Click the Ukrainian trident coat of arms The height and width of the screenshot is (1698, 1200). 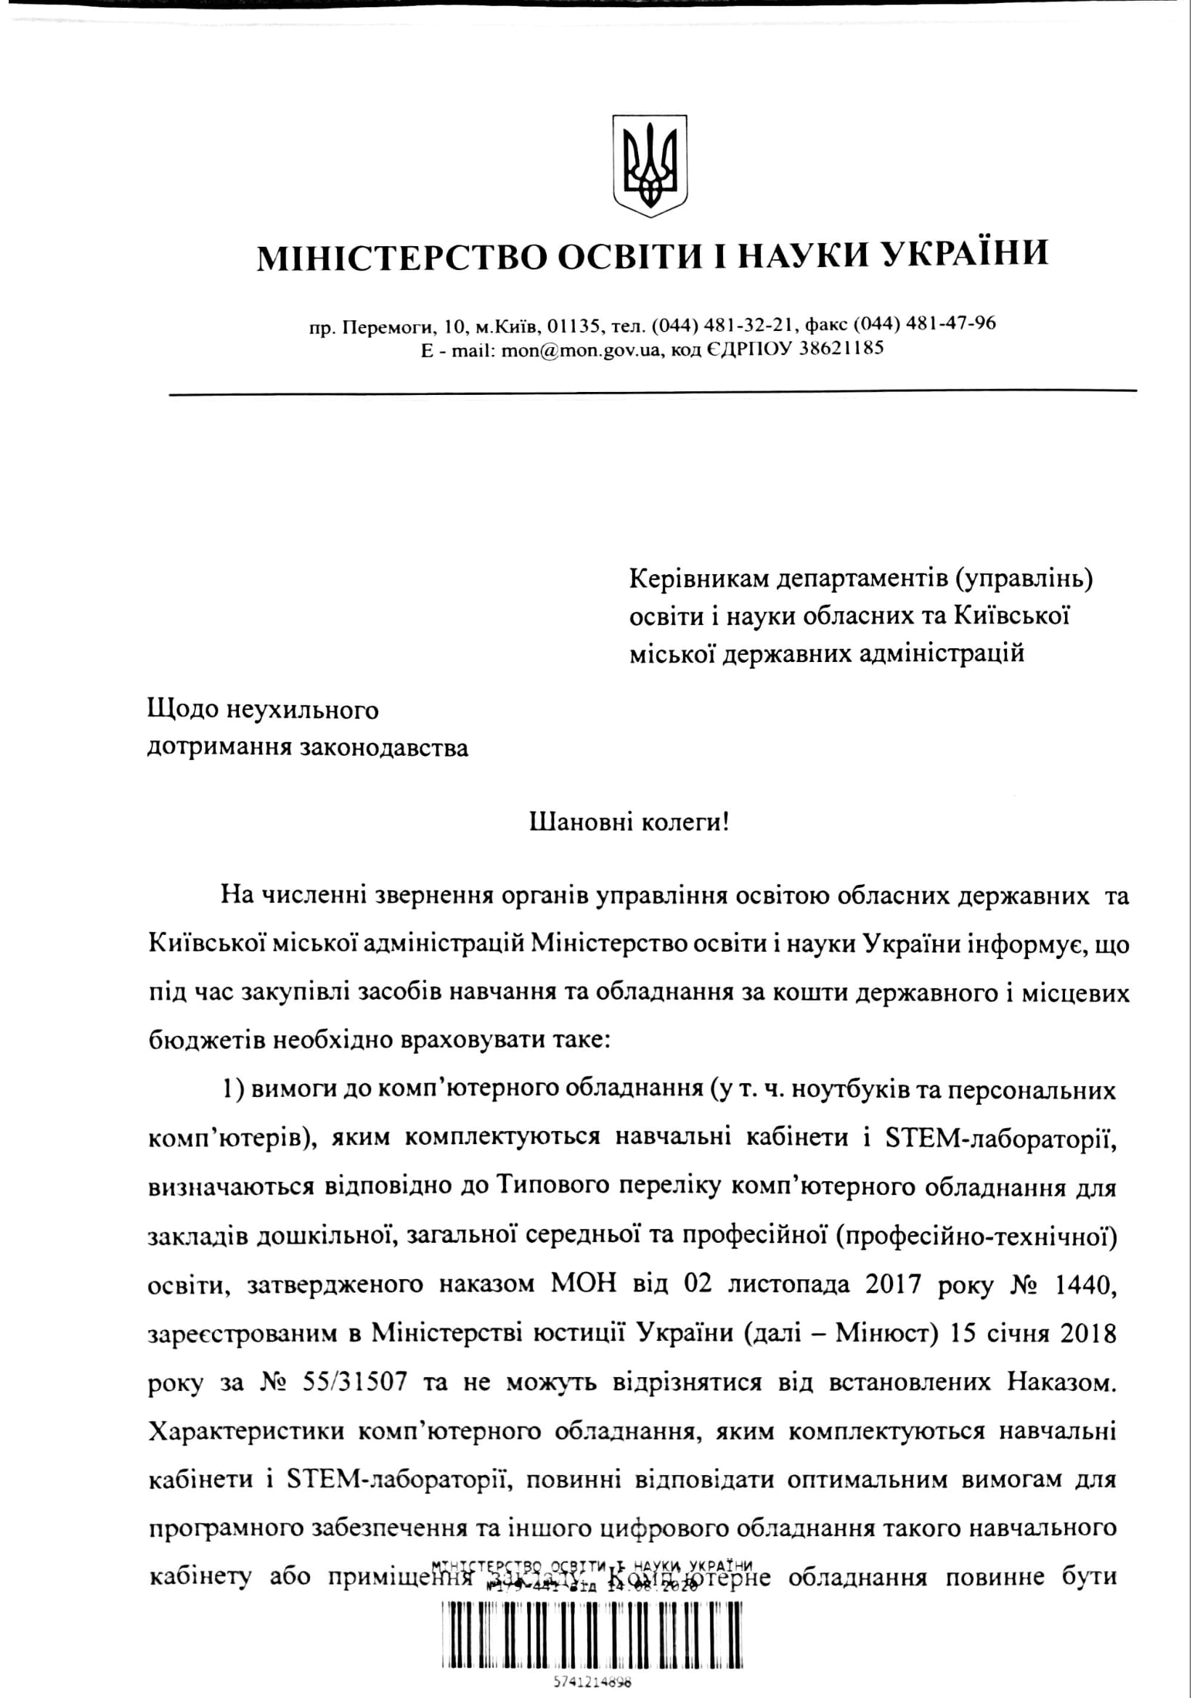click(650, 166)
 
